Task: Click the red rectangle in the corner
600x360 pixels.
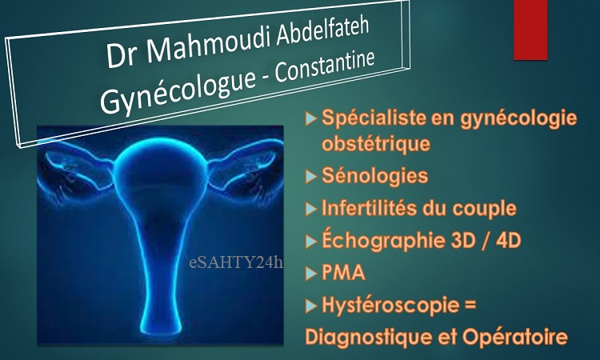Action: tap(530, 30)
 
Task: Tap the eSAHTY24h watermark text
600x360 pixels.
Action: tap(236, 262)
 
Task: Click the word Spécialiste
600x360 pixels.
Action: tap(374, 117)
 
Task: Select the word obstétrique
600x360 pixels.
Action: tap(376, 144)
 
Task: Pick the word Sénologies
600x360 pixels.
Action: tap(374, 176)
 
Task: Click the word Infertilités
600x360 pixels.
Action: tap(369, 208)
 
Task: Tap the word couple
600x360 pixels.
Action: tap(485, 209)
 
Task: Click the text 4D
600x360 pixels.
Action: tap(509, 241)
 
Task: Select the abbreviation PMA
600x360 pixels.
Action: tap(343, 273)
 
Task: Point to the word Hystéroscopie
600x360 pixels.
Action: tap(390, 306)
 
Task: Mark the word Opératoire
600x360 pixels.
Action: tap(514, 338)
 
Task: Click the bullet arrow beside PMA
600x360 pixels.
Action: tap(311, 274)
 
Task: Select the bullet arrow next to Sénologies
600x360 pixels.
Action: tap(311, 177)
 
